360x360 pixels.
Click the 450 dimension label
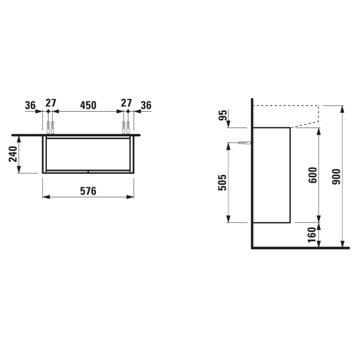[x=87, y=105]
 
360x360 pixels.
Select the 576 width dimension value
[x=88, y=191]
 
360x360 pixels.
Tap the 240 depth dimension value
[x=15, y=154]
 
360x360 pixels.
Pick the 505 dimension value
[x=222, y=182]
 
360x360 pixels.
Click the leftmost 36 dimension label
[x=30, y=105]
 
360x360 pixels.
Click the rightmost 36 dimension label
[x=146, y=105]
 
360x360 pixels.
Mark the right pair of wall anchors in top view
[x=125, y=127]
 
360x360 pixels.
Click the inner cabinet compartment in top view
[x=87, y=153]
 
